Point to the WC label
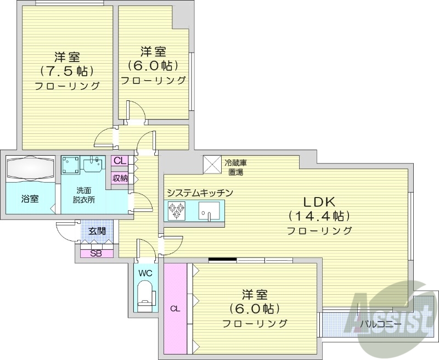point(145,273)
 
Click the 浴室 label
point(30,199)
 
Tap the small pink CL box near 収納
point(120,161)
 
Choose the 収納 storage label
point(120,177)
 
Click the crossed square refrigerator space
point(211,164)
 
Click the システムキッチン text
point(200,193)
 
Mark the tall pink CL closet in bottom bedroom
point(175,308)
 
